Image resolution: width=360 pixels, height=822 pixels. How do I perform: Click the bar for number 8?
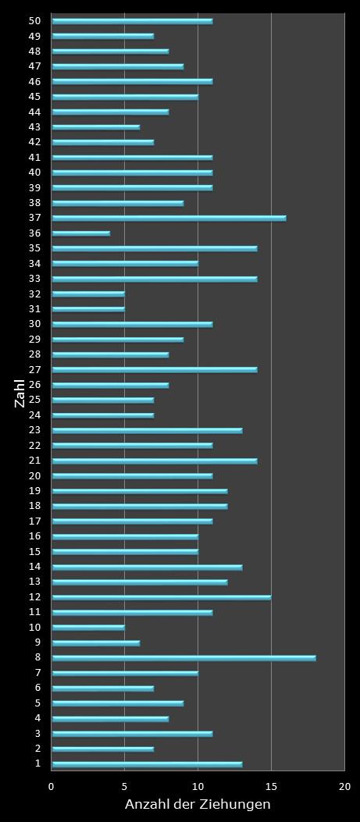point(184,658)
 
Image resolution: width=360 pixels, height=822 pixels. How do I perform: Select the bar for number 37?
point(169,218)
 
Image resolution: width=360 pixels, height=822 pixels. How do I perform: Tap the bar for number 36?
point(81,233)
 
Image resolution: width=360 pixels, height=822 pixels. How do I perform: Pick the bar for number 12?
point(162,597)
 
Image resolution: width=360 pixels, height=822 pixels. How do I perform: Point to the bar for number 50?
point(132,21)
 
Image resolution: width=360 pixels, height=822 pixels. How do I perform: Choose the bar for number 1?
point(147,764)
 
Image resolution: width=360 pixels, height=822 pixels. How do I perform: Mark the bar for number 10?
point(88,628)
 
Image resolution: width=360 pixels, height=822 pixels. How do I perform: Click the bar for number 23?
point(147,430)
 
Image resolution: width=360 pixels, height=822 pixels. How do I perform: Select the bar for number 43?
point(95,126)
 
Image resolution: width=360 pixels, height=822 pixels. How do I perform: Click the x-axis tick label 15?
point(271,787)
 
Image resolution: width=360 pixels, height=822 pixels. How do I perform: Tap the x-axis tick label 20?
point(344,787)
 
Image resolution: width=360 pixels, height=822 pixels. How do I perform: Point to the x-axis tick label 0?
point(52,787)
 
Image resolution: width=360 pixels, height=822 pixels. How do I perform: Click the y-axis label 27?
point(35,369)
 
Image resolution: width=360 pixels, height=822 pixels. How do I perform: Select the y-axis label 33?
point(35,278)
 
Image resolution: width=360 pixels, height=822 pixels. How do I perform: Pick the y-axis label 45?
point(35,97)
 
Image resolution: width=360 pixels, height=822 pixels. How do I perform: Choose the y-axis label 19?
point(35,490)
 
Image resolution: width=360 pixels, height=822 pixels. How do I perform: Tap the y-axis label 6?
point(37,688)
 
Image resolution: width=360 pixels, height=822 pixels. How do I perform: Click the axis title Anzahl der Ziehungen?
point(198,805)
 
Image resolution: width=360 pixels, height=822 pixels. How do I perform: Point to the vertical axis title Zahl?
point(20,393)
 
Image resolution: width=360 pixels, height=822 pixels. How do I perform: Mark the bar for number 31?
point(88,309)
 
